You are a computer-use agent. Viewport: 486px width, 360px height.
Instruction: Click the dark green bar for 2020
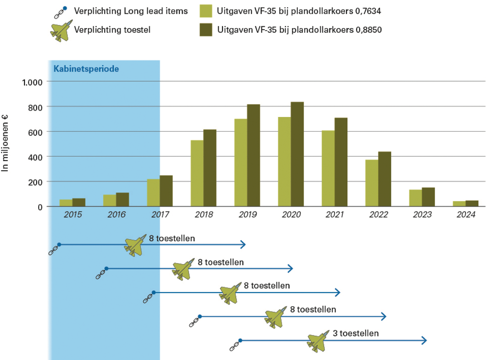[297, 154]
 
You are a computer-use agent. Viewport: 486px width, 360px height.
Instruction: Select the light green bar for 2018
[197, 173]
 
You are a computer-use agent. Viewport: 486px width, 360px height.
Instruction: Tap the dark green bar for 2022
[385, 179]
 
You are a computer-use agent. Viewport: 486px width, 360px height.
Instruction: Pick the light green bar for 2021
[328, 168]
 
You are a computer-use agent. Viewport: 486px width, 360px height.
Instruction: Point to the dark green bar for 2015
[79, 202]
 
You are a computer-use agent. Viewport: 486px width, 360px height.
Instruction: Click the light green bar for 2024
[459, 204]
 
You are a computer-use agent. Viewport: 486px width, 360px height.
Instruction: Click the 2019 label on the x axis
[248, 215]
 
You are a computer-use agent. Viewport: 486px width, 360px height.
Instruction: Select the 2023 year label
[422, 215]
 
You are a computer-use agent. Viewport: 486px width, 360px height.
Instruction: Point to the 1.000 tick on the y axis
[32, 82]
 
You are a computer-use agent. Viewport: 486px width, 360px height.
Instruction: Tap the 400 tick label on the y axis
[35, 157]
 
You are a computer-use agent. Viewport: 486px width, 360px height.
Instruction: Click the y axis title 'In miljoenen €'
[5, 143]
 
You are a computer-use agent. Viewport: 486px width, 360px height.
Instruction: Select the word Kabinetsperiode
[86, 69]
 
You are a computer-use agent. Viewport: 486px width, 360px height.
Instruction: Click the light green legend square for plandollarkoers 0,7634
[206, 11]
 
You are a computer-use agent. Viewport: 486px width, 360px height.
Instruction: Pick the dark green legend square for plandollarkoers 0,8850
[206, 30]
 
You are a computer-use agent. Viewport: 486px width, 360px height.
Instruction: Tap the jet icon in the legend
[61, 31]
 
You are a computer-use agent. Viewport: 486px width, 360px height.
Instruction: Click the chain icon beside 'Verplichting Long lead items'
[60, 12]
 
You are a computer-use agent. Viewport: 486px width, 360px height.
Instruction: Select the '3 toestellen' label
[355, 333]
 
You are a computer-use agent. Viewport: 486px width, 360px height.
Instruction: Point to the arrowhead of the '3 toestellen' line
[424, 340]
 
